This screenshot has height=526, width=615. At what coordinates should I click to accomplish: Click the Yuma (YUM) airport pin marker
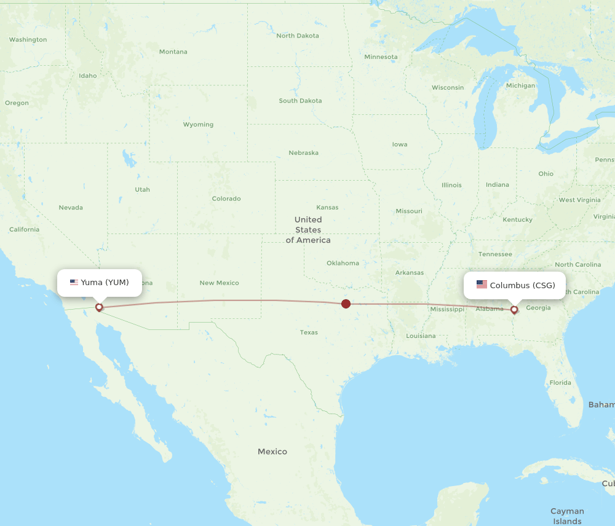click(99, 307)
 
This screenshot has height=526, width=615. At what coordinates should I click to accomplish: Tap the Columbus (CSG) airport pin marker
click(514, 309)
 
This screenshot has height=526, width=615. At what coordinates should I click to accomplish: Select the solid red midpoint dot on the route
click(346, 304)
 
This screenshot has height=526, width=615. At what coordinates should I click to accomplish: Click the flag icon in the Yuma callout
click(74, 283)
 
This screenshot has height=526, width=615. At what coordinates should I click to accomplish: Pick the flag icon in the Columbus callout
click(482, 285)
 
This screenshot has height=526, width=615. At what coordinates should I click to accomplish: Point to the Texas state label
click(309, 332)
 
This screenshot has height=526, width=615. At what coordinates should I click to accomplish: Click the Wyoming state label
click(198, 125)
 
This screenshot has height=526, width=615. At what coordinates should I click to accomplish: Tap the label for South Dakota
click(300, 101)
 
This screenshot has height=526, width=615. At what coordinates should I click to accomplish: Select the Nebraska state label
click(304, 152)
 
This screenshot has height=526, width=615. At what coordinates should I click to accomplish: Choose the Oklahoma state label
click(343, 263)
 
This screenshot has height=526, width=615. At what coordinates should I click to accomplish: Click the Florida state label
click(560, 382)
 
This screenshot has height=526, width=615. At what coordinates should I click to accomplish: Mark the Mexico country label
click(272, 452)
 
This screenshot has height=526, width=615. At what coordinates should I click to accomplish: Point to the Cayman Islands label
click(567, 516)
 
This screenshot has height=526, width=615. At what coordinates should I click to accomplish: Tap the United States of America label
click(308, 230)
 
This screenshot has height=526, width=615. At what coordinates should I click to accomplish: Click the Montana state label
click(173, 52)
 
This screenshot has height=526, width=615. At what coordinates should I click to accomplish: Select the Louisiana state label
click(421, 336)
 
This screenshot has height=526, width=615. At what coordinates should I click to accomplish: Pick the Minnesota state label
click(381, 57)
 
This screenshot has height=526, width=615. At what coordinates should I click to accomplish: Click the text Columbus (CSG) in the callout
click(522, 285)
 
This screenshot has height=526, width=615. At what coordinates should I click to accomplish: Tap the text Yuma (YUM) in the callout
click(105, 283)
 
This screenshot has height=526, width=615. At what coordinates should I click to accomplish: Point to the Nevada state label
click(71, 208)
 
